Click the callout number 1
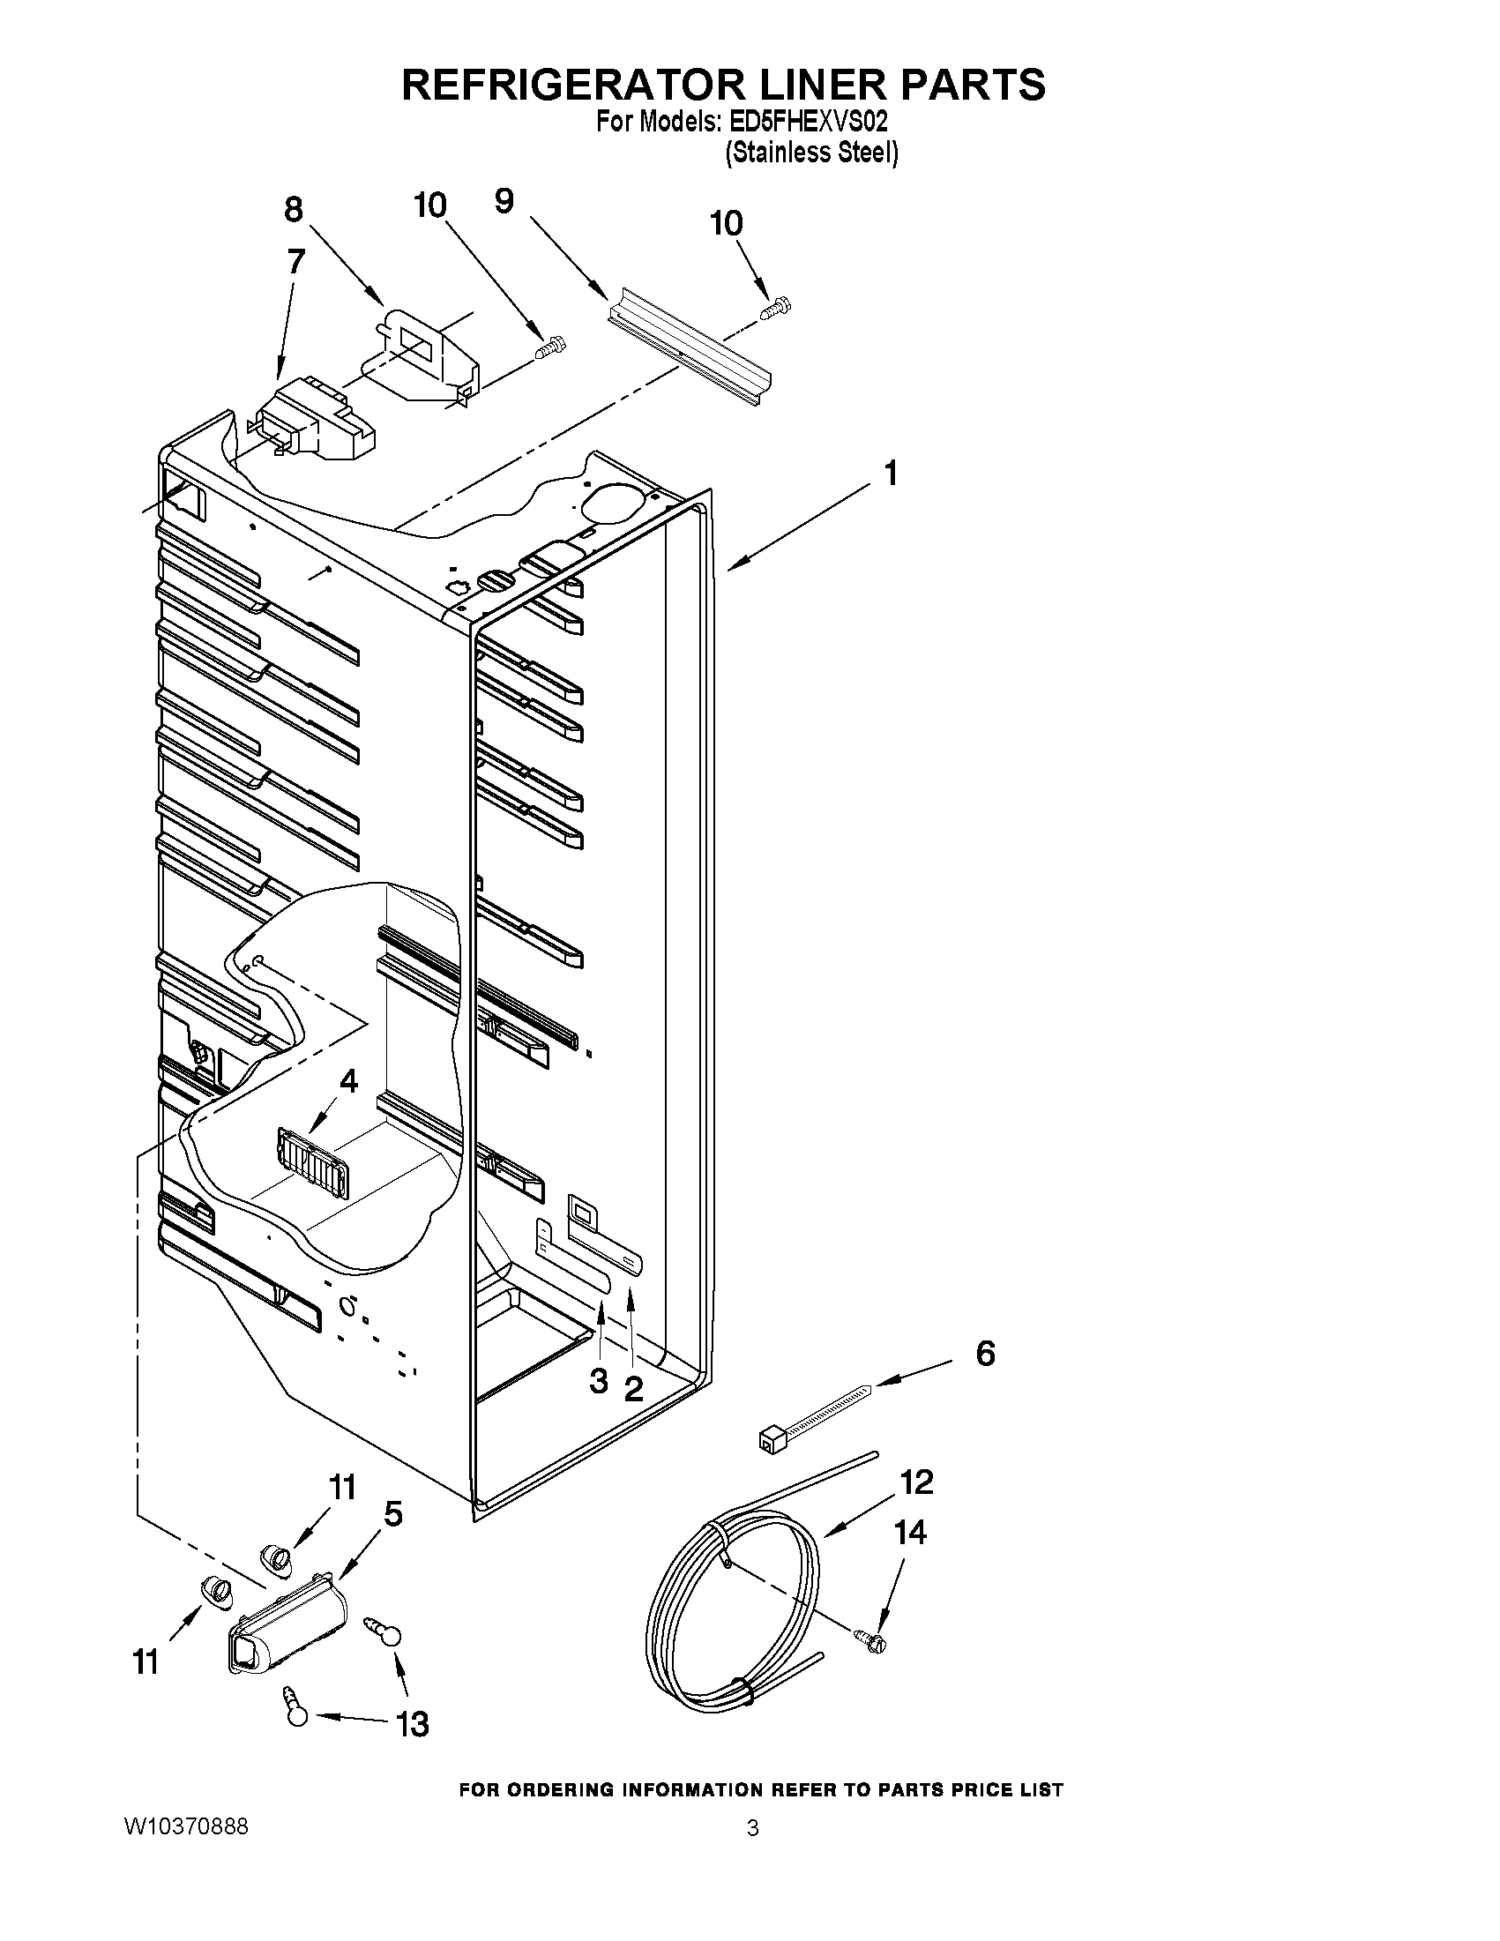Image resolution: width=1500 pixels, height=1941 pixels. [x=890, y=474]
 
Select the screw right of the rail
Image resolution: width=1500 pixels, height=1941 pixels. [x=777, y=309]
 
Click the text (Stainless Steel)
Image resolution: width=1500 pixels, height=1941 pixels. [x=811, y=153]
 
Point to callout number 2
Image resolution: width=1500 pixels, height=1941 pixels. [x=632, y=1387]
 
